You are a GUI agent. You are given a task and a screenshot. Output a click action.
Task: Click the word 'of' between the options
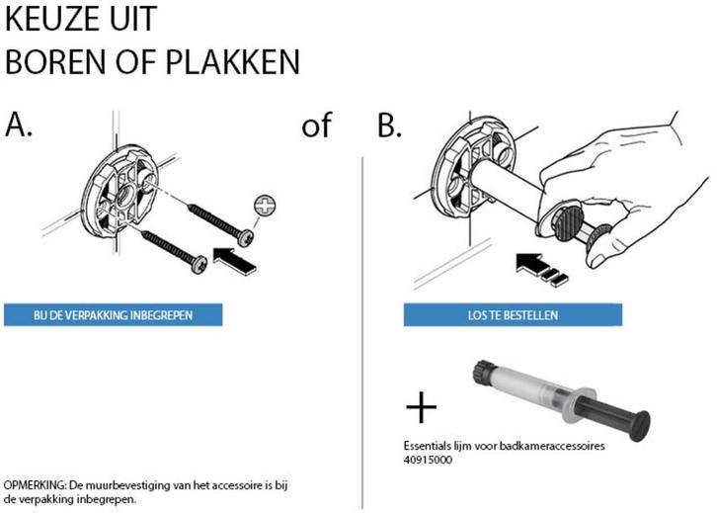pyautogui.click(x=316, y=127)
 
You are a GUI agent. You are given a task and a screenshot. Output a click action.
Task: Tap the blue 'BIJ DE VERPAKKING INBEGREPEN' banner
pyautogui.click(x=113, y=315)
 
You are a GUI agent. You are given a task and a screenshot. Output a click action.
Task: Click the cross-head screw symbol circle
pyautogui.click(x=266, y=206)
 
